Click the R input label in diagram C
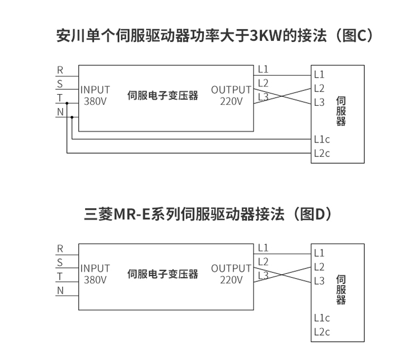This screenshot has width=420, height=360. pyautogui.click(x=60, y=70)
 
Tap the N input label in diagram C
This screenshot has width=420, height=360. pyautogui.click(x=60, y=112)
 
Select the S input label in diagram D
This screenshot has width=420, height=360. pyautogui.click(x=60, y=262)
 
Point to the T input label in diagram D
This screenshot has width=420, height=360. pyautogui.click(x=60, y=276)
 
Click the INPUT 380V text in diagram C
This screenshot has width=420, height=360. pyautogui.click(x=95, y=95)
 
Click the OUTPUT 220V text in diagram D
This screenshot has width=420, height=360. pyautogui.click(x=231, y=274)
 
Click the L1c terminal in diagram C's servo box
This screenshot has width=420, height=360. pyautogui.click(x=322, y=139)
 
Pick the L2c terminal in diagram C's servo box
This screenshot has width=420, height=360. pyautogui.click(x=322, y=154)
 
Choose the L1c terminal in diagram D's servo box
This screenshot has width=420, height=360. pyautogui.click(x=322, y=318)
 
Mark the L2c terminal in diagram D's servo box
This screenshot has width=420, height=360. pyautogui.click(x=322, y=332)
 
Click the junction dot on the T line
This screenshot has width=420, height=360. pyautogui.click(x=67, y=103)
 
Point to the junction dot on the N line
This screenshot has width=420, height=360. pyautogui.click(x=72, y=117)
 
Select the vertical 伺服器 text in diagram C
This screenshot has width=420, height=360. pyautogui.click(x=341, y=111)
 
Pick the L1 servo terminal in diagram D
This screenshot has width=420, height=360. pyautogui.click(x=319, y=253)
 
